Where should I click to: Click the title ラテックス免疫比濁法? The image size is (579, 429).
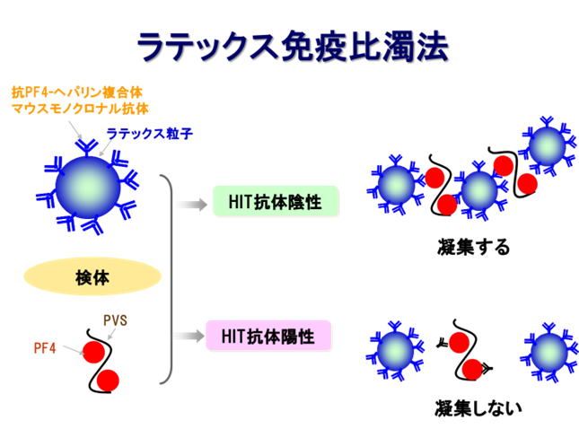coord(293,47)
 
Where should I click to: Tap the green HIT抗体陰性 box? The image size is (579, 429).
coord(276,201)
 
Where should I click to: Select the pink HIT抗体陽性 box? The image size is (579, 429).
coord(268,336)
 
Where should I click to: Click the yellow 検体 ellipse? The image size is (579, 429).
coord(92,276)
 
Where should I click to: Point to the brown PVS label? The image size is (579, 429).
coord(115,320)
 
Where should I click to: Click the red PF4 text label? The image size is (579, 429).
coord(45,348)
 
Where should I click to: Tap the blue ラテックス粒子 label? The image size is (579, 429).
coord(150,134)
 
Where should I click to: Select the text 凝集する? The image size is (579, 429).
coord(473,247)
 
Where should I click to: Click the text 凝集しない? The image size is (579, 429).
coord(478,408)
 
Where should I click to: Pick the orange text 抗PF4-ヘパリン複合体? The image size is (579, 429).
coord(77,92)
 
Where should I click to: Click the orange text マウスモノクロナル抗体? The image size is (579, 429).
coord(80,109)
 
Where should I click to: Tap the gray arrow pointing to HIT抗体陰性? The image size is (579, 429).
coord(191,204)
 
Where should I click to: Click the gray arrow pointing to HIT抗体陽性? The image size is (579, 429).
coord(189,336)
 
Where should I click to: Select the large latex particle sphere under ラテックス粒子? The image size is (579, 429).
coord(88,188)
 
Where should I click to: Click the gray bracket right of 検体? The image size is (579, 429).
coord(169,279)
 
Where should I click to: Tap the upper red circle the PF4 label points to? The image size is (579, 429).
coord(93,352)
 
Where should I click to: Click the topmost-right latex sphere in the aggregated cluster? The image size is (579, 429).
coord(548,146)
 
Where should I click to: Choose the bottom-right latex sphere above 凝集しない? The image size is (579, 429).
coord(549,353)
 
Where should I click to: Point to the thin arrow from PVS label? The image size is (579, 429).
coord(111,334)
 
